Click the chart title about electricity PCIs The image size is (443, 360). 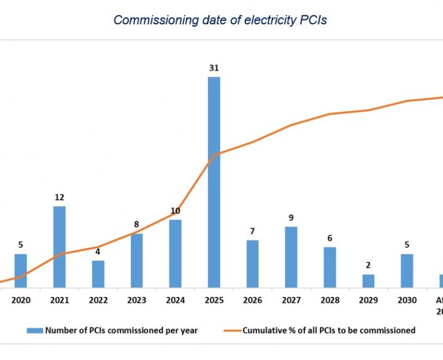[x=220, y=20]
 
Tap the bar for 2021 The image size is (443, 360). [x=59, y=246]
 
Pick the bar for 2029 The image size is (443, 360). [x=368, y=281]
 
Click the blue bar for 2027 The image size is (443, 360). [x=291, y=257]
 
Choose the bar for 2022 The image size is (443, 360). [x=98, y=274]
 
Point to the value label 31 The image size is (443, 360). [x=214, y=69]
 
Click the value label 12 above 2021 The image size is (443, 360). [x=59, y=198]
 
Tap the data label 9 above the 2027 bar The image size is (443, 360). [x=291, y=218]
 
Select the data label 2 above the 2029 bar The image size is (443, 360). [x=368, y=265]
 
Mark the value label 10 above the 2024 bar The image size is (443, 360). [x=175, y=211]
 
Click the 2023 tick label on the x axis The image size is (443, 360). [x=136, y=300]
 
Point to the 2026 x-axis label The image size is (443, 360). [x=253, y=300]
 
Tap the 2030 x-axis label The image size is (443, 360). [x=407, y=300]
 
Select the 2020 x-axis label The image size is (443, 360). [x=20, y=300]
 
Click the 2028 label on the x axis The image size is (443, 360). [x=329, y=300]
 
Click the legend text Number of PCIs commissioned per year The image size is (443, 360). [x=121, y=331]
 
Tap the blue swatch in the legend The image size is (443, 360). [x=34, y=331]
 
